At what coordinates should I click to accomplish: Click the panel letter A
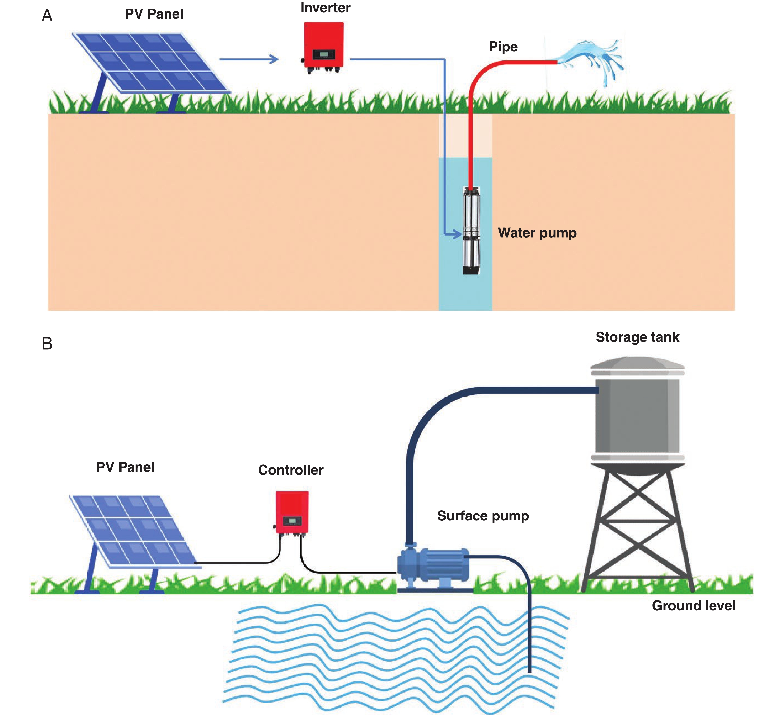pos(47,16)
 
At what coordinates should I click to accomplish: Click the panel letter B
pos(47,344)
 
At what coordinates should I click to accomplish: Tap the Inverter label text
pos(325,8)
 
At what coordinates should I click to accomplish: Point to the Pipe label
pos(503,46)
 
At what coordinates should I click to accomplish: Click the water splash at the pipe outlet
pos(594,60)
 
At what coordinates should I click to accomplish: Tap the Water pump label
pos(537,233)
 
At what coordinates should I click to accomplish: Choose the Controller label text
pos(291,470)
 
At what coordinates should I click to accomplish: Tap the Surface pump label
pos(483,516)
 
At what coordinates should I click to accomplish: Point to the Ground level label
pos(693,605)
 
